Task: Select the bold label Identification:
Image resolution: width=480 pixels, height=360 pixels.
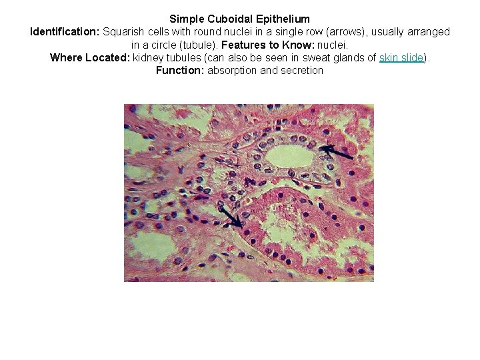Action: (65, 31)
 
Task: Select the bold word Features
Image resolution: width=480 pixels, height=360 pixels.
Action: (243, 45)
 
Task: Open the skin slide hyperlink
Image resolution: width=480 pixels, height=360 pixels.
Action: (401, 57)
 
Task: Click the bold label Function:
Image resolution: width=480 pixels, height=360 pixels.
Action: (180, 70)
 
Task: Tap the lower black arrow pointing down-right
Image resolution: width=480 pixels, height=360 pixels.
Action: (232, 217)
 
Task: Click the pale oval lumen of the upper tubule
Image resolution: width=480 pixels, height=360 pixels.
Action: (288, 156)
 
